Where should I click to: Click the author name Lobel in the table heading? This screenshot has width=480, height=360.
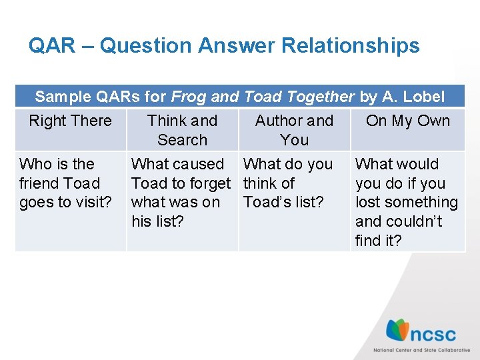point(423,97)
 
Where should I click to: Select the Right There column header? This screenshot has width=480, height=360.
point(70,121)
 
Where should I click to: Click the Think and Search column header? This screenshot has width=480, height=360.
point(182,130)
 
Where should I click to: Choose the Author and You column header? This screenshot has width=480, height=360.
point(294,130)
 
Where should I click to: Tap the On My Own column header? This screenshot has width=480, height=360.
point(408,121)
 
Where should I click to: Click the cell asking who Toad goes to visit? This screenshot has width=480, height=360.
point(65,183)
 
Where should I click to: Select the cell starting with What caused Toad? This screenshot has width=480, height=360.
point(180,193)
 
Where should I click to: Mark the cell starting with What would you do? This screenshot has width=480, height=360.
point(406,202)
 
